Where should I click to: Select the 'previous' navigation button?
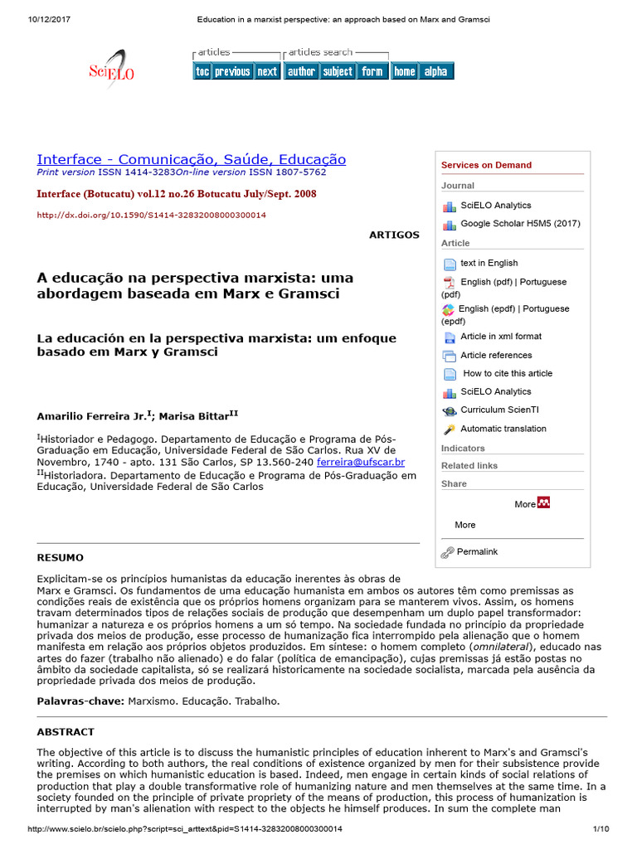(x=232, y=72)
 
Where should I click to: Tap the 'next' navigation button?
(x=267, y=72)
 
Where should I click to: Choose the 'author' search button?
(x=301, y=72)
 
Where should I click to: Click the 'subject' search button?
(x=338, y=72)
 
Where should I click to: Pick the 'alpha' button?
(x=435, y=72)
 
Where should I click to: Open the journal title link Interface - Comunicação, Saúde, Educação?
(x=192, y=159)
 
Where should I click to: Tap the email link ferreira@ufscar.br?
(x=361, y=462)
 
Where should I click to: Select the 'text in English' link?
(x=489, y=263)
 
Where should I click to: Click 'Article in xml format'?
(x=500, y=337)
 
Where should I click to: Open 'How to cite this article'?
(x=507, y=373)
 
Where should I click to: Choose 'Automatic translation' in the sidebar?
(x=503, y=429)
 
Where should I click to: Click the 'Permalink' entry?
(x=477, y=551)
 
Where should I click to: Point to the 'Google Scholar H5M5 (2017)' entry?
(x=520, y=223)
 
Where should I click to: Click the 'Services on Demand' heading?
(x=486, y=165)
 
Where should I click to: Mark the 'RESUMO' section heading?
(x=60, y=558)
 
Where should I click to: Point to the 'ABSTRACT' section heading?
(x=66, y=732)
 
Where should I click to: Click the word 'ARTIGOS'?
(x=394, y=235)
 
